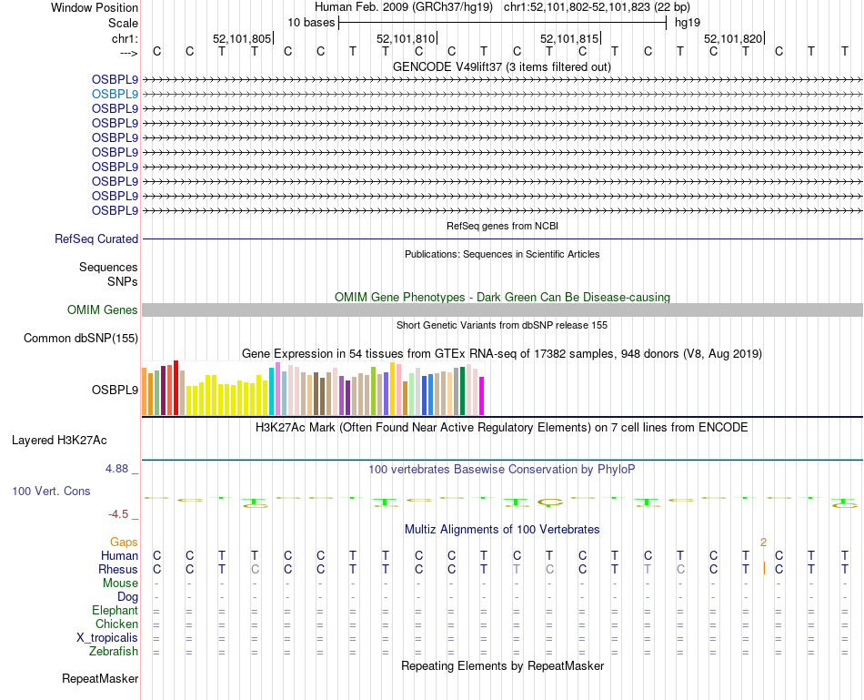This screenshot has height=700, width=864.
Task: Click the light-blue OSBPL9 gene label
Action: pos(115,94)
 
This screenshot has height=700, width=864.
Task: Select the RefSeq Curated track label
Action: pos(96,239)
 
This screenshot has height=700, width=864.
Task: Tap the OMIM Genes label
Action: pos(103,310)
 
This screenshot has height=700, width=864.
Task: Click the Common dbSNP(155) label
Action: pos(81,339)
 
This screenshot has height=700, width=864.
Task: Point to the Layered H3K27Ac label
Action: pos(59,441)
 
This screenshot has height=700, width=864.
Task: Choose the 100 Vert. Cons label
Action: pos(51,491)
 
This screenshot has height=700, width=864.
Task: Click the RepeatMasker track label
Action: pos(100,679)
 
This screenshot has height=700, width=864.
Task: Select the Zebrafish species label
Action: pos(114,652)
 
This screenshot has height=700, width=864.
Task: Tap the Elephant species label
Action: pos(115,611)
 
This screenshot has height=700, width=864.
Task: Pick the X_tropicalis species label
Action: pos(107,638)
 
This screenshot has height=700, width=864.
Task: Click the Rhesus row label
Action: pos(118,570)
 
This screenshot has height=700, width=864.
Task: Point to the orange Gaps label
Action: pos(124,543)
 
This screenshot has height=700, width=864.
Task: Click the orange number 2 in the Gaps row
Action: pos(764,543)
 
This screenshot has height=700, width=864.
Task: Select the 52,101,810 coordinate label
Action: pos(406,39)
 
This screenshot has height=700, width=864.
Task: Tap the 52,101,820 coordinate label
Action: pos(733,39)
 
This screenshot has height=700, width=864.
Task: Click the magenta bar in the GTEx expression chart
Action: pos(482,395)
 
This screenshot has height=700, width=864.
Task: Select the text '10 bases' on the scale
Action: pos(311,22)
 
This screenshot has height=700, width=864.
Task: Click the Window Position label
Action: pos(95,7)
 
